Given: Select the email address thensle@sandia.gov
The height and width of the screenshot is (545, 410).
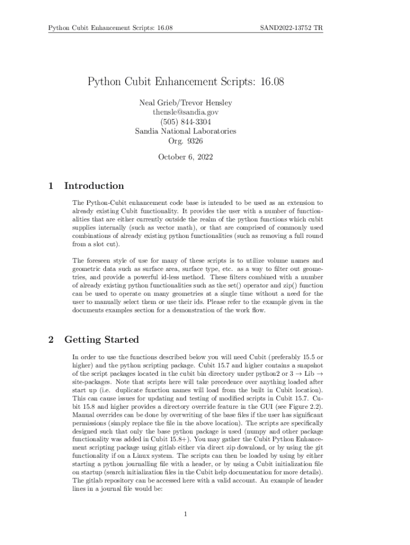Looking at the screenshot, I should pos(185,112).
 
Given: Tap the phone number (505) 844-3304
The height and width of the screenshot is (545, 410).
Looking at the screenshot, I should pos(185,121).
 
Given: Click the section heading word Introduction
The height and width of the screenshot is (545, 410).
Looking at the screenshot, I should pos(94,186).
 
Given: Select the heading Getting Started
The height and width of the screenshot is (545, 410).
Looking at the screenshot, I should pos(101,340).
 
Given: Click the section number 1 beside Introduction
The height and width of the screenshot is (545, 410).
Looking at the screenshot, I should pos(51,186).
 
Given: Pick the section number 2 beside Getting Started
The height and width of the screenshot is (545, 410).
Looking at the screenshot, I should pos(51,340).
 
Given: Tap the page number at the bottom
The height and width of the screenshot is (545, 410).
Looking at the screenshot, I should pos(185,514).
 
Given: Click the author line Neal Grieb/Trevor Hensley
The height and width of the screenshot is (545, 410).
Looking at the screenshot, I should pos(185,103).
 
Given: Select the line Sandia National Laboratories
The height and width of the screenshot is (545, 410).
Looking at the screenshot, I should pos(185,131).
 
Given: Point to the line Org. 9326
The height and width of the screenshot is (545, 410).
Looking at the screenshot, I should pos(185,141).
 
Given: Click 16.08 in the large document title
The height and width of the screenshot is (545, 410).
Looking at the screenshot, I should pos(271,82).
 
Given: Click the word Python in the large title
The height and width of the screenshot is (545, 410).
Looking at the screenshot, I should pos(105,82).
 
